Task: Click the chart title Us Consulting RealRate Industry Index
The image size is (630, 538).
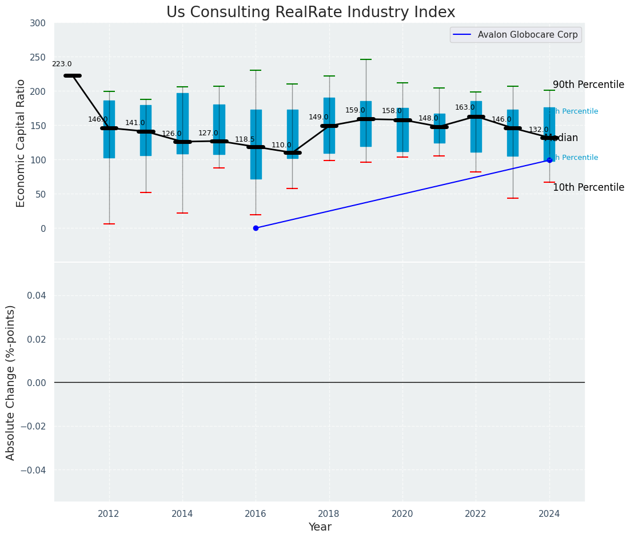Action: (310, 13)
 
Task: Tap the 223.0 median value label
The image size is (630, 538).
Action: (62, 65)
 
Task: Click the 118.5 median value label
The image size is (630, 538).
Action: (245, 139)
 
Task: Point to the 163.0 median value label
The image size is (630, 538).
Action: (465, 108)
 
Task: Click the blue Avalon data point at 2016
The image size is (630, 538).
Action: (256, 228)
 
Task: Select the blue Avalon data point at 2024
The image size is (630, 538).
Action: (549, 160)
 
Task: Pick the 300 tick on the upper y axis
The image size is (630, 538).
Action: (38, 23)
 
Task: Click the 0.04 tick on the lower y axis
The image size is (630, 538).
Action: (36, 295)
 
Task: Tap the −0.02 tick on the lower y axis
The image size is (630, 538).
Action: (34, 426)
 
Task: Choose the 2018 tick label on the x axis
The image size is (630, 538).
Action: (329, 514)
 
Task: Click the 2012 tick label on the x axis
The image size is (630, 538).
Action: (108, 514)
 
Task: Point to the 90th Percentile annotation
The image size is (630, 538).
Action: (588, 85)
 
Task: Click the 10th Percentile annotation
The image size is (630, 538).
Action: (588, 188)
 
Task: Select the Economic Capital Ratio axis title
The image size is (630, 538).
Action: (21, 143)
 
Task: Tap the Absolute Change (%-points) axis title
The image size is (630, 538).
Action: (11, 382)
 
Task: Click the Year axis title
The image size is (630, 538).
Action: (320, 527)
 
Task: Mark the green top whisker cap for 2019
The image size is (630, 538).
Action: (366, 59)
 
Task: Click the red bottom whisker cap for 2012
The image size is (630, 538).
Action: (109, 224)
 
